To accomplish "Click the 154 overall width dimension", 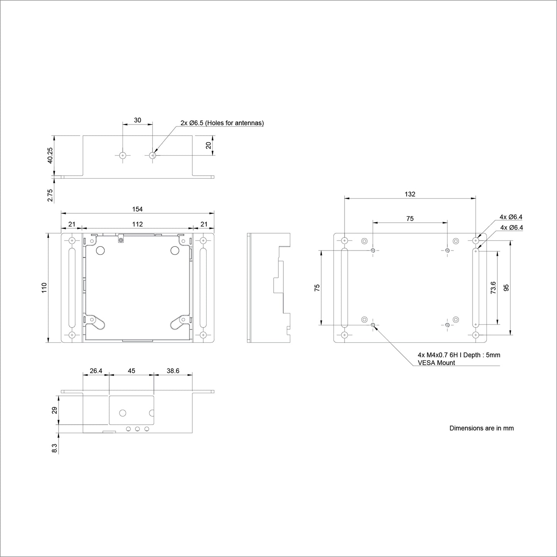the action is [x=137, y=209].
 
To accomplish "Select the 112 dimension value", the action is [x=138, y=224].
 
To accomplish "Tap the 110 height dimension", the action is [x=44, y=288].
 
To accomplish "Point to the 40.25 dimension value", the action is [x=50, y=155].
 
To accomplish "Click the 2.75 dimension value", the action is [x=50, y=195].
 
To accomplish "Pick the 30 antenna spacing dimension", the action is [x=138, y=120].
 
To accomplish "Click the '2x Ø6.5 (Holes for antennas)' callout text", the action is [x=222, y=123].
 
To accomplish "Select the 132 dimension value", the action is [x=410, y=194].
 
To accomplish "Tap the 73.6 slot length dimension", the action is [x=493, y=288].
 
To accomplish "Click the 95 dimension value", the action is [x=506, y=288].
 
